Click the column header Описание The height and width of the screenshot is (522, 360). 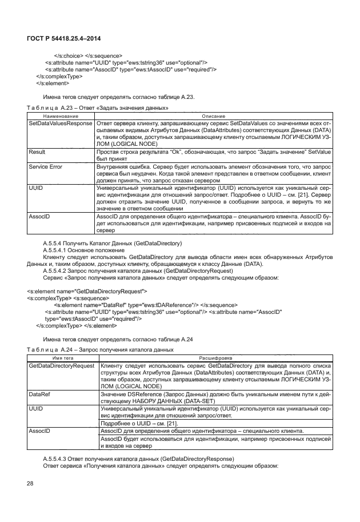point(213,116)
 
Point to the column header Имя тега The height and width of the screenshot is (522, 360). point(61,357)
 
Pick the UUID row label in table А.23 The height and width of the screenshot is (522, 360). point(36,188)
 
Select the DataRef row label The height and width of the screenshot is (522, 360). point(39,394)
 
